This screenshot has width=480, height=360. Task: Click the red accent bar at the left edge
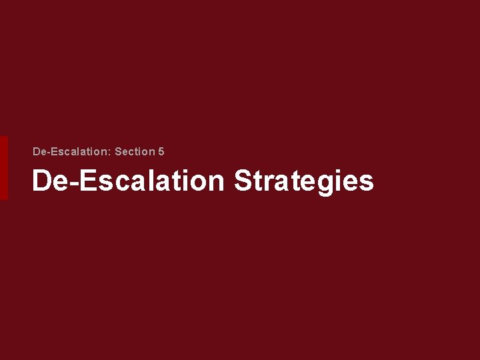point(3,168)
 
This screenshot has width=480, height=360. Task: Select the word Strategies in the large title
point(303,181)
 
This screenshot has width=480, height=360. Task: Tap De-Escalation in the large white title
point(128,181)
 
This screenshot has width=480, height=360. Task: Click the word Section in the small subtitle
point(134,152)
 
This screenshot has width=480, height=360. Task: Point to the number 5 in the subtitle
point(161,152)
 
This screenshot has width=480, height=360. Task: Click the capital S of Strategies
point(243,181)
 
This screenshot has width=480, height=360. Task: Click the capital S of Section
point(118,152)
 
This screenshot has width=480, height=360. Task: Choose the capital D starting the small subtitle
point(37,152)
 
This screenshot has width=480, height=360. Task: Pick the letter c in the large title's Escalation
point(119,183)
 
